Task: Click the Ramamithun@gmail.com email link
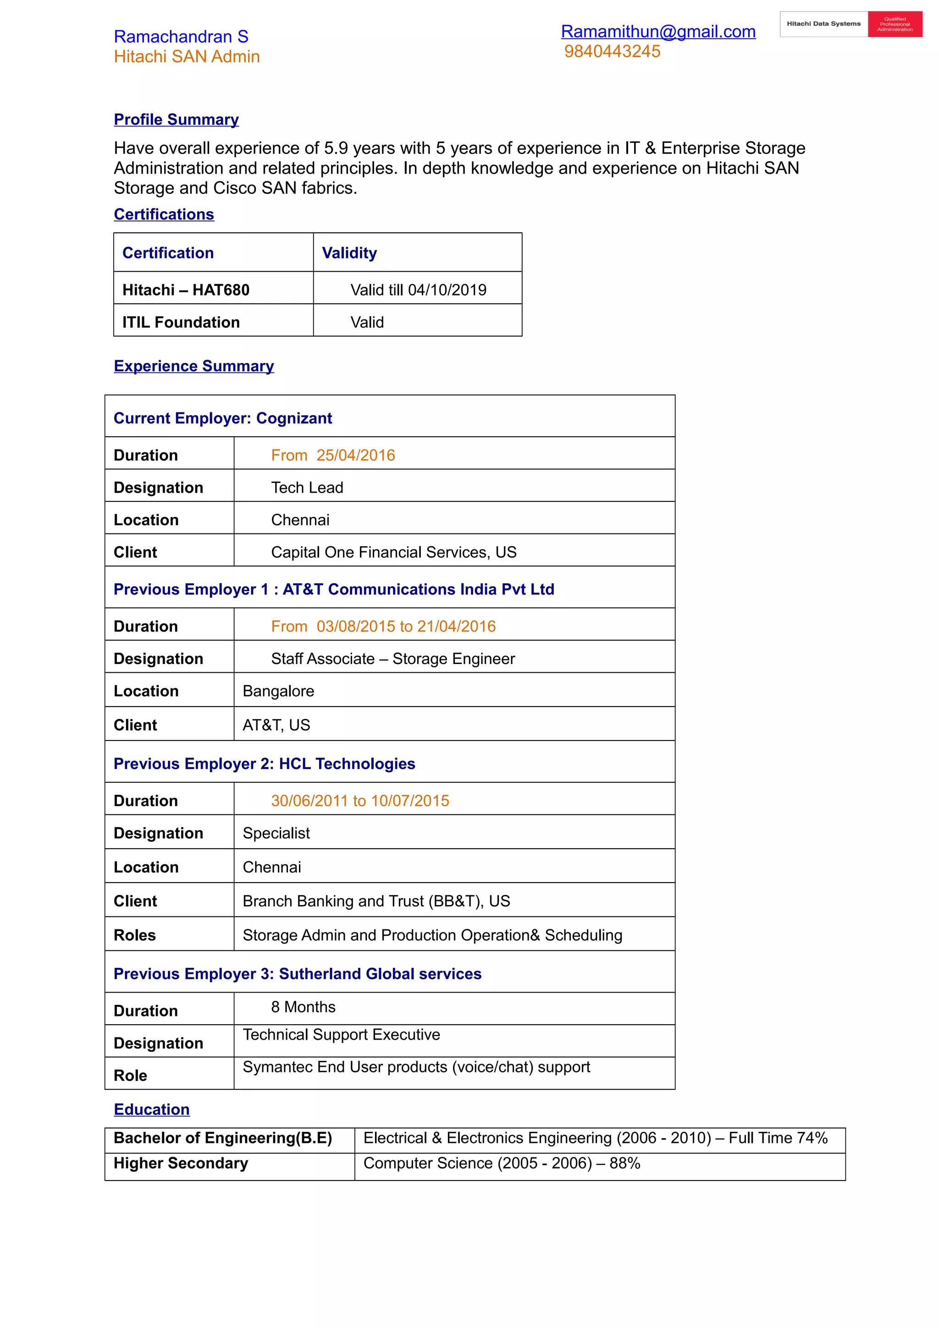click(658, 31)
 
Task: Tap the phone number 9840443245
click(612, 51)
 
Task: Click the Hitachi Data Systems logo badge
click(851, 24)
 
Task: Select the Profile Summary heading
click(176, 119)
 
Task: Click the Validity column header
click(349, 253)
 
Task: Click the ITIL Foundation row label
click(181, 322)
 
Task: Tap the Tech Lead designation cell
click(307, 488)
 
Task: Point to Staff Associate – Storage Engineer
click(393, 659)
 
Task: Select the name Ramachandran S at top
click(181, 37)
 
